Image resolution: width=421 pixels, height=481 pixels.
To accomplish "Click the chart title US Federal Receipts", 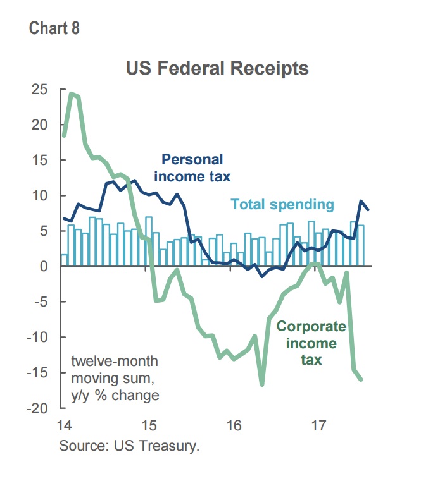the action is click(x=217, y=69).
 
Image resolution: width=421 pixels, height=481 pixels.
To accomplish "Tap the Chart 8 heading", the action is click(x=54, y=28).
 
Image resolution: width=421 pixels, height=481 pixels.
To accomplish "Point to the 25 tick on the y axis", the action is click(x=40, y=90).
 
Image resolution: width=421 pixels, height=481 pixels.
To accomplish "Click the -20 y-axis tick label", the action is click(x=37, y=408).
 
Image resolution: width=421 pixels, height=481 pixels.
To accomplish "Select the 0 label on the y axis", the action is click(x=44, y=266).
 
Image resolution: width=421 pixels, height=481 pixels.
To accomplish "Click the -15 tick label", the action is click(x=37, y=373).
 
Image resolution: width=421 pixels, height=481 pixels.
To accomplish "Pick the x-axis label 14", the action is click(x=65, y=425).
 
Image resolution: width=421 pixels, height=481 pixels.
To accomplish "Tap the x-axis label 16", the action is click(x=234, y=425).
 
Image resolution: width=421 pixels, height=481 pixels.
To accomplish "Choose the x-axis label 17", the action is click(x=318, y=425).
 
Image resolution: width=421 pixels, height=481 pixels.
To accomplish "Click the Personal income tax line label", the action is click(x=192, y=168).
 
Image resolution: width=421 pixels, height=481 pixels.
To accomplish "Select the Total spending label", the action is click(x=282, y=204).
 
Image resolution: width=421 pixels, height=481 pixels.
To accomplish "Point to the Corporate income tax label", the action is click(x=311, y=343).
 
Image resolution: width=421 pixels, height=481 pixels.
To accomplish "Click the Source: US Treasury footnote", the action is click(x=129, y=446).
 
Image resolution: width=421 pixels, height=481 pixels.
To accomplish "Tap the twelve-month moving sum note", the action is click(x=115, y=378).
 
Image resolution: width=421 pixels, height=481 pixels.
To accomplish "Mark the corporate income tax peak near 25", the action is click(x=72, y=94).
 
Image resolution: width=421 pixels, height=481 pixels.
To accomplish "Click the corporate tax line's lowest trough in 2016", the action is click(x=262, y=384).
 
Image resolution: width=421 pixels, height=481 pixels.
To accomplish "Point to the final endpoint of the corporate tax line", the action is click(x=361, y=380).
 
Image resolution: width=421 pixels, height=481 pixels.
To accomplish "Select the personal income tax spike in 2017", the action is click(x=361, y=201).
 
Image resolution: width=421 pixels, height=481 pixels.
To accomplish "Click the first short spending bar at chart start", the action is click(x=64, y=260).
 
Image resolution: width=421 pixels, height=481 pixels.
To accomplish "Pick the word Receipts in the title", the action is click(x=270, y=69).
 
